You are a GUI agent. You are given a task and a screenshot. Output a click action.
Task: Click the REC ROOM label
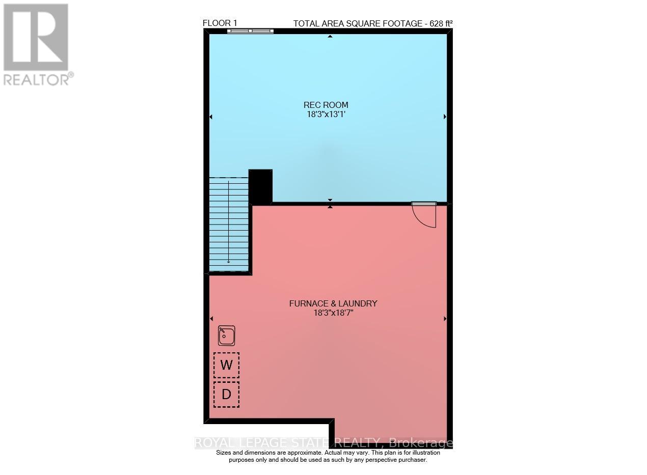coord(326,105)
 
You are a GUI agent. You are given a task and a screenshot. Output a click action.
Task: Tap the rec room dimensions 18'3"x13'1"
coord(326,115)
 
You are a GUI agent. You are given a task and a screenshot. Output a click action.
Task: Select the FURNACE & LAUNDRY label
coord(333,304)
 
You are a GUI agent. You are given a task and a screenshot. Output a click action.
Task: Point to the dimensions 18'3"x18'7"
coord(333,313)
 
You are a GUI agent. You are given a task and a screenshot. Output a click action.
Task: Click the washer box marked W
coord(226,365)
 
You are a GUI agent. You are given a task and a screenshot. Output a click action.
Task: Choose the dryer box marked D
coord(226,394)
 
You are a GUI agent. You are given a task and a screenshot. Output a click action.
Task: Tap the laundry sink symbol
coord(226,336)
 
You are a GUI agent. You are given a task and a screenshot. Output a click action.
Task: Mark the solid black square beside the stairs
coord(260,186)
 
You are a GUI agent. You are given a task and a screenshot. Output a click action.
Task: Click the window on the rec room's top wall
coord(250,31)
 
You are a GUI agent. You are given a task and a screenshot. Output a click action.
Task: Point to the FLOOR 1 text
coord(220,23)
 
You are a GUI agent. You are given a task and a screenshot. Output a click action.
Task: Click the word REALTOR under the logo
coord(35,79)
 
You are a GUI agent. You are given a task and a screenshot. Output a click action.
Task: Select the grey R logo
coord(36,37)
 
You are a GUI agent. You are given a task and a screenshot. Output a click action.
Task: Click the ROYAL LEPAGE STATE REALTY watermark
coord(324,443)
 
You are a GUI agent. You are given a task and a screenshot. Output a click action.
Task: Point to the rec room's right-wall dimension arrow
coord(445,117)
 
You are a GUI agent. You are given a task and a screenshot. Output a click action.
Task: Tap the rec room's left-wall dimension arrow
coord(211,117)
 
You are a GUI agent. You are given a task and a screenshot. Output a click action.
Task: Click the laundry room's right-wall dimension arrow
coord(445,319)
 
